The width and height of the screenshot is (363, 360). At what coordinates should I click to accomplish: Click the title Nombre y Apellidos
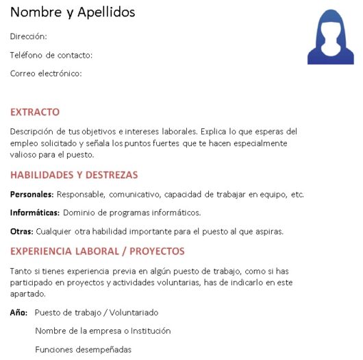click(72, 12)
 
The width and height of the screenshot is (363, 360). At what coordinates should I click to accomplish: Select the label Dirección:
click(29, 36)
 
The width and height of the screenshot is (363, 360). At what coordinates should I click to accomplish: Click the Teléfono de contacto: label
click(51, 55)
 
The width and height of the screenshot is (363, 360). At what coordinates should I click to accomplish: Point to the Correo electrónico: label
click(46, 73)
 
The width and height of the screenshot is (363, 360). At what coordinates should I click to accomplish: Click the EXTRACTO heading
click(35, 112)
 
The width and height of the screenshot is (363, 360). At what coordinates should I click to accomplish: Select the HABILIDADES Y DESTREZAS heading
click(74, 175)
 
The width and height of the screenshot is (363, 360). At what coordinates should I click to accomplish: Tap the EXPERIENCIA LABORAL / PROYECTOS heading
click(97, 251)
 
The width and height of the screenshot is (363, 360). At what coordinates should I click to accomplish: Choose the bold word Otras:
click(22, 231)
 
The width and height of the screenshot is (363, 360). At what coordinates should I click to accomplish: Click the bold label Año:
click(18, 312)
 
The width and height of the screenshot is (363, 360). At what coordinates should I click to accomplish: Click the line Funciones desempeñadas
click(83, 350)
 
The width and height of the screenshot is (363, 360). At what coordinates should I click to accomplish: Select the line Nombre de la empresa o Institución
click(103, 331)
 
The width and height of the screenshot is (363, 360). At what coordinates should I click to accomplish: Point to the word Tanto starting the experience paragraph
click(21, 271)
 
